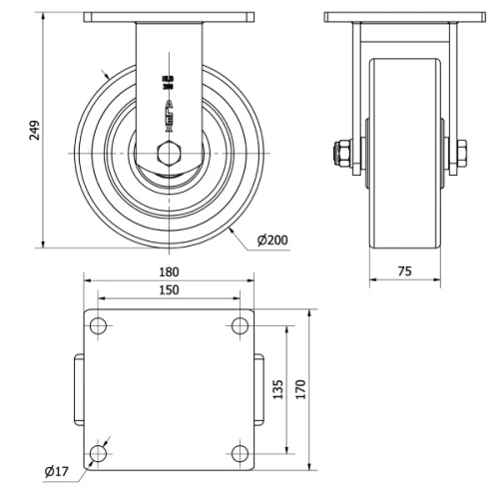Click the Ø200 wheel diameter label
coord(272,241)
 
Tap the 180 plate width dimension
coord(169,271)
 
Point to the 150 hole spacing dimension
coord(169,289)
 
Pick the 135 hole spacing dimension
coord(278,389)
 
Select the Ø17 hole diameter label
coord(56,470)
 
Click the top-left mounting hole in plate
coord(98,325)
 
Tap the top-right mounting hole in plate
coord(240,325)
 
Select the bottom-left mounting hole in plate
coord(98,454)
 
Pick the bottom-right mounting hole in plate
coord(240,454)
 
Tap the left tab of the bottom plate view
coord(77,389)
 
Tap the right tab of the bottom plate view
coord(259,389)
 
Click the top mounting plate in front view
coord(168,17)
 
